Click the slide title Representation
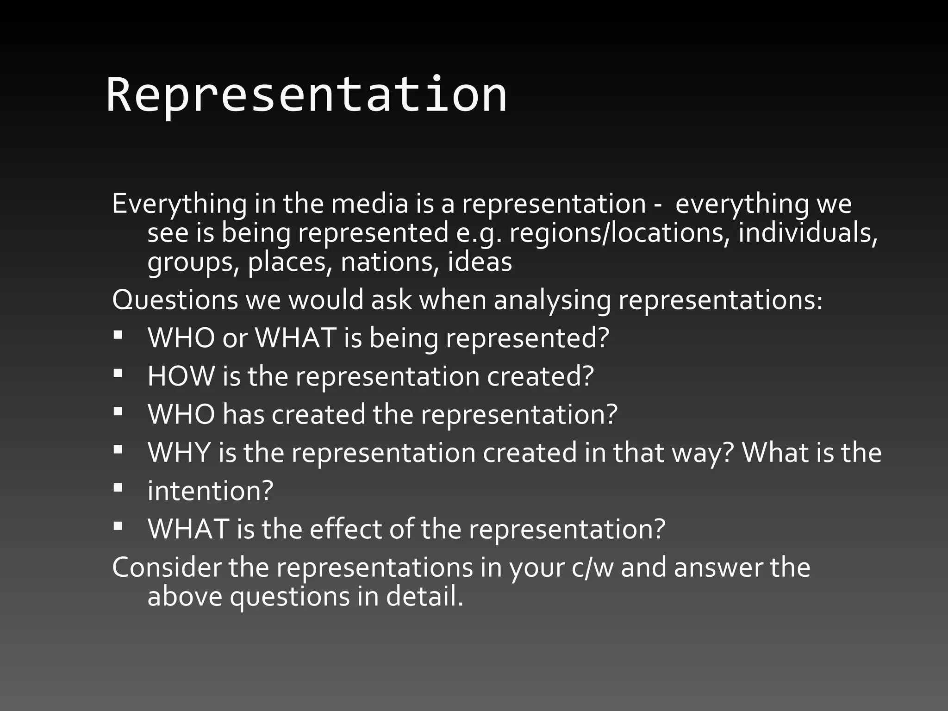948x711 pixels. [x=306, y=95]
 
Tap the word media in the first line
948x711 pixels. [x=369, y=204]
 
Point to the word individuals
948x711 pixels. [x=807, y=233]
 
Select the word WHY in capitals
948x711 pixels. [x=179, y=452]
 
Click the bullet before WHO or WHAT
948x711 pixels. [x=118, y=334]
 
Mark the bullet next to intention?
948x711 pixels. [x=118, y=487]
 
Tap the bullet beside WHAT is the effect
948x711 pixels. [x=118, y=525]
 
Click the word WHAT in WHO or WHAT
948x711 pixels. [x=296, y=338]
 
